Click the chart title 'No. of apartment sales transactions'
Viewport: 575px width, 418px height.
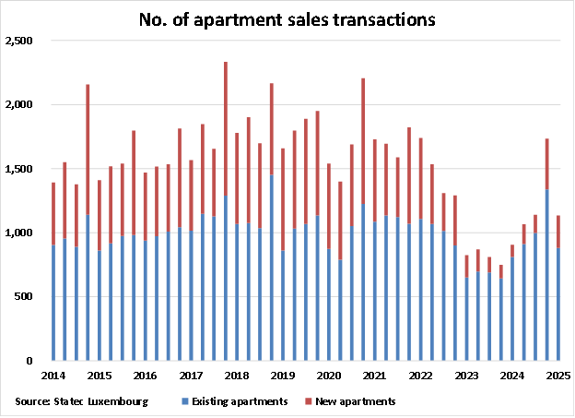pyautogui.click(x=287, y=18)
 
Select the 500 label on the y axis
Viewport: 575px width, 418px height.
pyautogui.click(x=24, y=296)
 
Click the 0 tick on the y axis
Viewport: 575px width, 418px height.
pyautogui.click(x=31, y=360)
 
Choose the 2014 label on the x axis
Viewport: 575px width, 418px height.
pyautogui.click(x=53, y=376)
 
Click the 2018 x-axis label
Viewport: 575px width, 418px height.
pyautogui.click(x=236, y=376)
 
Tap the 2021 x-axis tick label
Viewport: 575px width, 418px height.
pyautogui.click(x=374, y=376)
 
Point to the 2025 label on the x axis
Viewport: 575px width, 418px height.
pyautogui.click(x=557, y=376)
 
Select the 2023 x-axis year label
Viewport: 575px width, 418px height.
pyautogui.click(x=466, y=376)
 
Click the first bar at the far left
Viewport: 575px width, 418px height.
pyautogui.click(x=53, y=272)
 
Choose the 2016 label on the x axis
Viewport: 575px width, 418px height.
pyautogui.click(x=145, y=376)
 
